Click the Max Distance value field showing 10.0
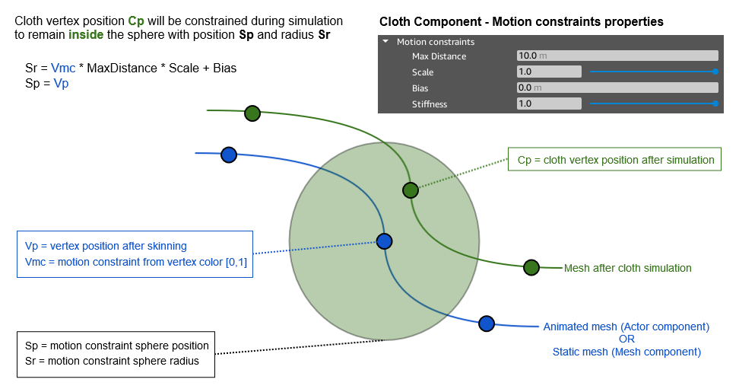pyautogui.click(x=617, y=56)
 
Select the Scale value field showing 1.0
pyautogui.click(x=548, y=72)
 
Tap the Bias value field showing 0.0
pyautogui.click(x=617, y=88)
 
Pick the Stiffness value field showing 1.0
pyautogui.click(x=548, y=104)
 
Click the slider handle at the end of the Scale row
pyautogui.click(x=715, y=72)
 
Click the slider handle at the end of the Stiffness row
pyautogui.click(x=715, y=104)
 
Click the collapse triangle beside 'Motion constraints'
pyautogui.click(x=386, y=42)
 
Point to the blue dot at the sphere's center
pyautogui.click(x=384, y=241)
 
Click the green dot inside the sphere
pyautogui.click(x=410, y=190)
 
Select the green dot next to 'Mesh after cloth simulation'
pyautogui.click(x=531, y=267)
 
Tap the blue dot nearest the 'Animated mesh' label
pyautogui.click(x=487, y=323)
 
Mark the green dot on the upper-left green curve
pyautogui.click(x=252, y=113)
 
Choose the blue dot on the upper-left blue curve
pyautogui.click(x=228, y=155)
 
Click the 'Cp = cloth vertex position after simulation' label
pyautogui.click(x=615, y=160)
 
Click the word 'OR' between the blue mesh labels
pyautogui.click(x=626, y=339)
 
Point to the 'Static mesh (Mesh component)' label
pyautogui.click(x=626, y=352)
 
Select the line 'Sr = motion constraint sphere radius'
pyautogui.click(x=112, y=361)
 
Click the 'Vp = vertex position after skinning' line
pyautogui.click(x=106, y=246)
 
